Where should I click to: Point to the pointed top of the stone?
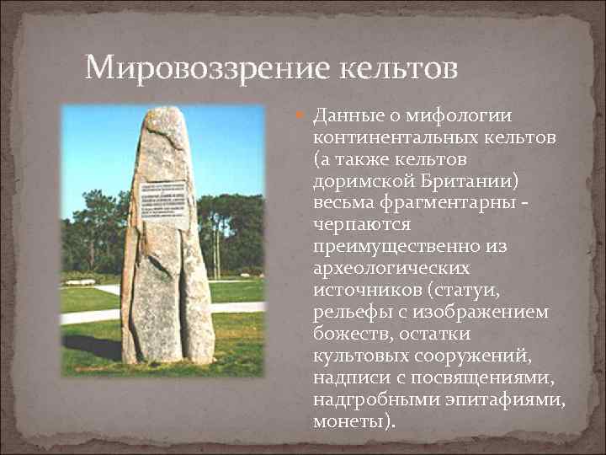point(163,112)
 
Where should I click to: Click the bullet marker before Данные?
point(303,115)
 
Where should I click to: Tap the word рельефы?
point(348,312)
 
